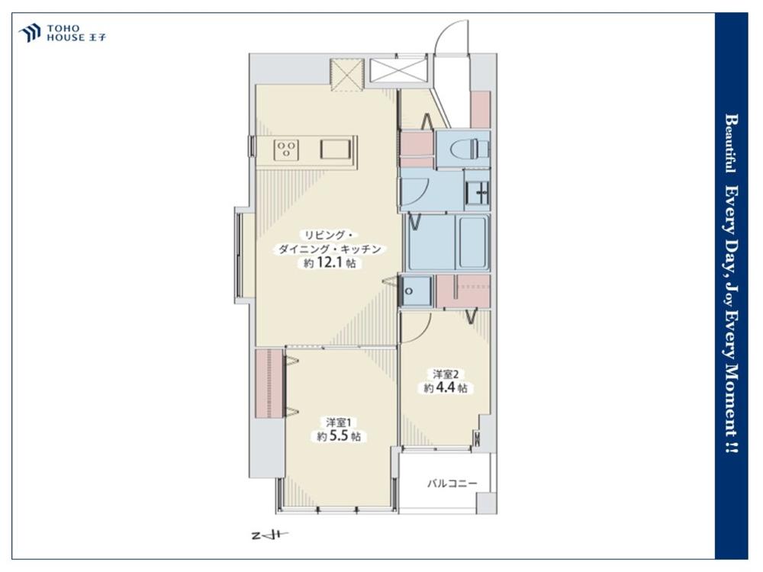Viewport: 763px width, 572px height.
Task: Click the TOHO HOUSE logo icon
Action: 29,33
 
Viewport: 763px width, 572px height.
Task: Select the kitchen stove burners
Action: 286,149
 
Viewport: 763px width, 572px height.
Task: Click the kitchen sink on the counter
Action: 336,149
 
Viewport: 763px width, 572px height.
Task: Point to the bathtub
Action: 472,243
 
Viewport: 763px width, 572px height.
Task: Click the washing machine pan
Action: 415,291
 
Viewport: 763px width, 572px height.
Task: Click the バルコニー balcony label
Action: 452,484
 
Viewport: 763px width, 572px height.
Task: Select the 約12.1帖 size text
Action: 330,263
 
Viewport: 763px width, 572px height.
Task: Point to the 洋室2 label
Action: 446,374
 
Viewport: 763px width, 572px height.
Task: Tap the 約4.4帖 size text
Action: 446,387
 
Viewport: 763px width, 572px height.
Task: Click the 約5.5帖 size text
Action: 339,435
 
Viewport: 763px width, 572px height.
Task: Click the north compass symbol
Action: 270,535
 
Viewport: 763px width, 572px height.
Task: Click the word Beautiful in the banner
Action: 731,143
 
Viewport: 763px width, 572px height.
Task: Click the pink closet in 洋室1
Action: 269,383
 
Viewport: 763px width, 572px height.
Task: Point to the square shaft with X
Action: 346,75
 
